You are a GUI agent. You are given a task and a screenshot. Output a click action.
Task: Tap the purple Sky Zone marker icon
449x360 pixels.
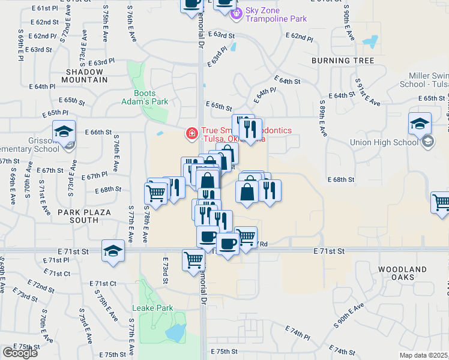pyautogui.click(x=237, y=13)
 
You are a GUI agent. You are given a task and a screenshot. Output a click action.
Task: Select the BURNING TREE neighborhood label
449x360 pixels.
pyautogui.click(x=343, y=61)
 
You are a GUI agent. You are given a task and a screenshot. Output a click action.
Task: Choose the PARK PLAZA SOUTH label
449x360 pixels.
pyautogui.click(x=77, y=216)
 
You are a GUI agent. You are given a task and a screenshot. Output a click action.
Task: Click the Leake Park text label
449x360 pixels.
pyautogui.click(x=152, y=308)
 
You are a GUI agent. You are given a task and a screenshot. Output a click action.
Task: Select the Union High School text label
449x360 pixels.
pyautogui.click(x=384, y=142)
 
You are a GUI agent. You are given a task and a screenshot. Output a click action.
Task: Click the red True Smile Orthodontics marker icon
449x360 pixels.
pyautogui.click(x=191, y=133)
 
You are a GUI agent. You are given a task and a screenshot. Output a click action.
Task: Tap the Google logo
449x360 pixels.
pyautogui.click(x=20, y=352)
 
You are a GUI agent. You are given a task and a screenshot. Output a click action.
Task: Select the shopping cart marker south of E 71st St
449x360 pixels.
pyautogui.click(x=193, y=260)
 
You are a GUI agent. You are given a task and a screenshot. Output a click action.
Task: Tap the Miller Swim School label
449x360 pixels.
pyautogui.click(x=420, y=80)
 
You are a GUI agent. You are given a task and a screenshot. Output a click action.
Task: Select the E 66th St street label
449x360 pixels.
pyautogui.click(x=98, y=132)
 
